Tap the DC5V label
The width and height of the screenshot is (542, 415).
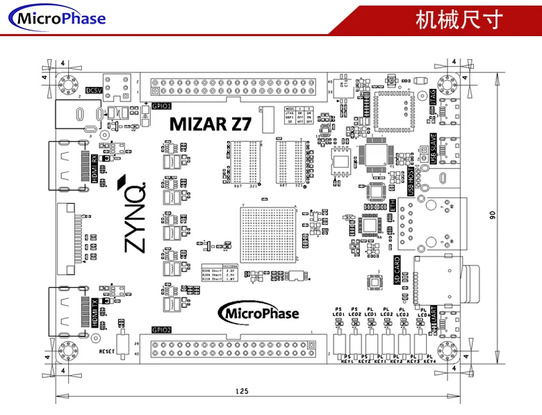click(93, 90)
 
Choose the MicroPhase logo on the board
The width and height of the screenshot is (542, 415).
click(259, 313)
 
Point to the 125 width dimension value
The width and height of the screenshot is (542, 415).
click(241, 392)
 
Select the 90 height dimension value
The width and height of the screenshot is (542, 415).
click(493, 215)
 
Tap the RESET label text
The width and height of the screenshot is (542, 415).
click(106, 351)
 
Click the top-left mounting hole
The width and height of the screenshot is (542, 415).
click(68, 86)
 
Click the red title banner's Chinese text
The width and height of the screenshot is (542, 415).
click(458, 19)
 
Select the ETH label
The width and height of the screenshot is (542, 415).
click(393, 206)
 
